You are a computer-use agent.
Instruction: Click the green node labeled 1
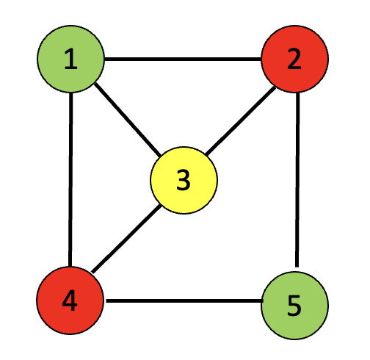(70, 59)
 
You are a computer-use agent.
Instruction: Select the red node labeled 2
(295, 59)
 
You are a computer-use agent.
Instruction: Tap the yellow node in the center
(184, 180)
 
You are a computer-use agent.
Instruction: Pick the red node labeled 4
(70, 300)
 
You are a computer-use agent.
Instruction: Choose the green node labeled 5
(295, 306)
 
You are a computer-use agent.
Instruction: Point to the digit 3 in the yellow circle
(184, 180)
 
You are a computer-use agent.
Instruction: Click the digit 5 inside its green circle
(294, 306)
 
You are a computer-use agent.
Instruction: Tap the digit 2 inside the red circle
(294, 59)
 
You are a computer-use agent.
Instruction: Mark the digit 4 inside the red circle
(70, 300)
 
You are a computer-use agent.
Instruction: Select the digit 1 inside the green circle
(70, 59)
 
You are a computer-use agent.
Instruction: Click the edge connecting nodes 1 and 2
(183, 59)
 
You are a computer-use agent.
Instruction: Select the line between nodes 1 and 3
(128, 120)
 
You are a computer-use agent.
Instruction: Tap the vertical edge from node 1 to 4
(70, 179)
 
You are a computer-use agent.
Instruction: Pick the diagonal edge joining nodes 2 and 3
(240, 121)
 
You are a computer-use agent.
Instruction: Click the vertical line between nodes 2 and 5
(297, 180)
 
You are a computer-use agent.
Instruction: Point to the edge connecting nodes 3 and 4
(126, 239)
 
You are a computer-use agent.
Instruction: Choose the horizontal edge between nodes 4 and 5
(184, 300)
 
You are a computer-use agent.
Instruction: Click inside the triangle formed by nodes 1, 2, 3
(184, 98)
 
